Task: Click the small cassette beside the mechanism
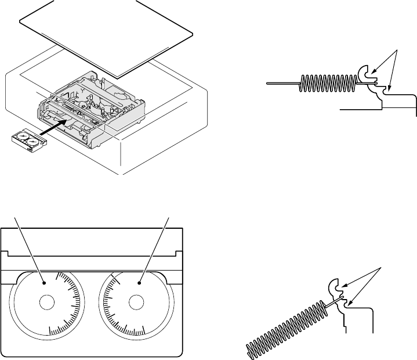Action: click(x=28, y=140)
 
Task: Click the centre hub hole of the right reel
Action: click(x=136, y=302)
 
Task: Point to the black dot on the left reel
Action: click(x=45, y=283)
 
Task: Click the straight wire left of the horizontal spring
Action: click(x=281, y=84)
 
